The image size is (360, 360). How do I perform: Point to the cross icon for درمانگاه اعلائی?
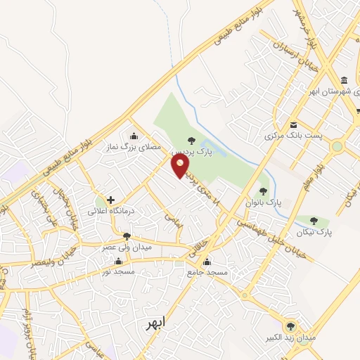pos(110,200)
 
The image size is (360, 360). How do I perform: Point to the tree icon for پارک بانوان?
pos(263,191)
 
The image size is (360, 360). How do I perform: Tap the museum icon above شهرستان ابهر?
pos(343,79)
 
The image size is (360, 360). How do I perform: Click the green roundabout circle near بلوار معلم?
pos(337,147)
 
